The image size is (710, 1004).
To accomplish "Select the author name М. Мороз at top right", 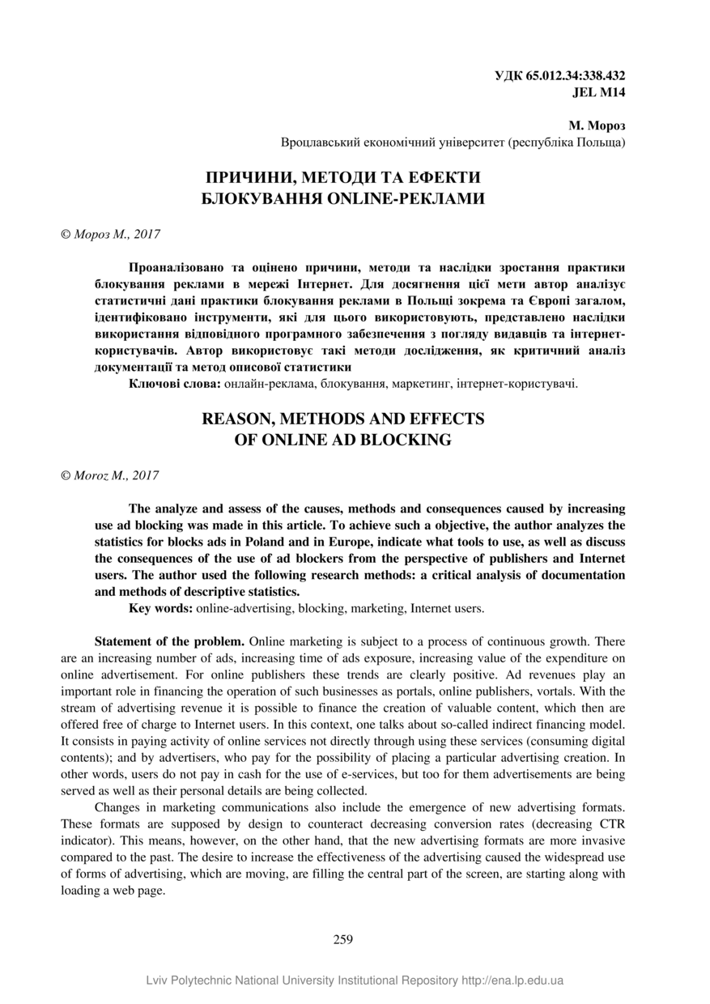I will click(x=597, y=125).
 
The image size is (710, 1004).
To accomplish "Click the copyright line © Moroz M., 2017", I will click(x=109, y=475).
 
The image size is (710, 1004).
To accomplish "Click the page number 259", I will click(x=343, y=939).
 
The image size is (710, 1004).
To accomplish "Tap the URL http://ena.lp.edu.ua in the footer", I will click(x=512, y=981).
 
